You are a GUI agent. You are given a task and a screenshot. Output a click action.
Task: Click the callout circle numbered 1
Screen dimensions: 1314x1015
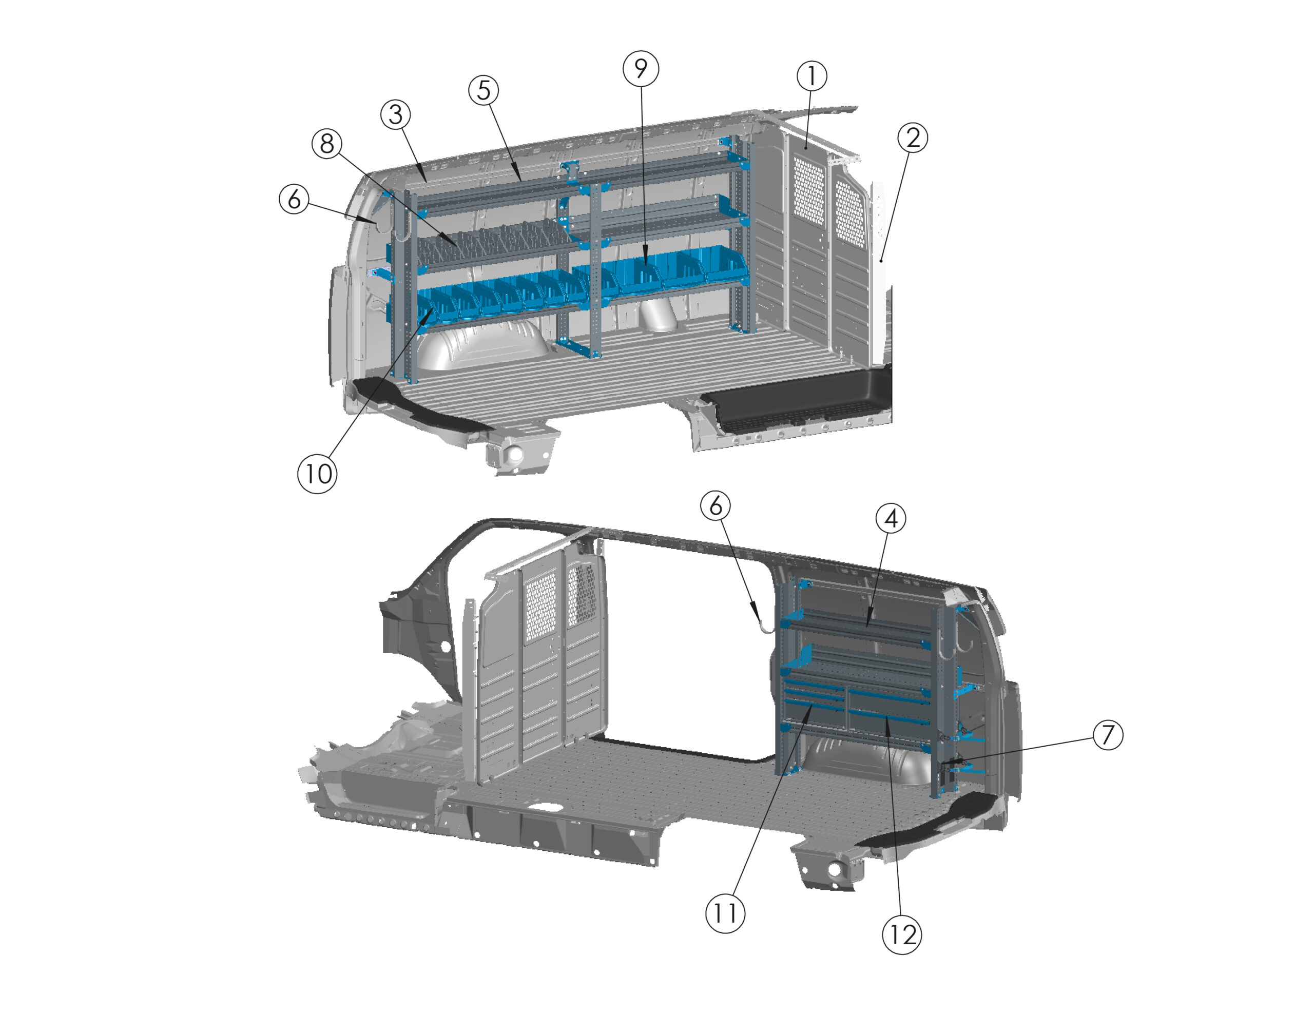click(x=811, y=76)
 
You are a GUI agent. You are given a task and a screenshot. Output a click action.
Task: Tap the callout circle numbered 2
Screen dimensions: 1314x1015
click(x=913, y=138)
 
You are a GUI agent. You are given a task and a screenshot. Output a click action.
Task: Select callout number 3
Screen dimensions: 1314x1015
click(x=395, y=114)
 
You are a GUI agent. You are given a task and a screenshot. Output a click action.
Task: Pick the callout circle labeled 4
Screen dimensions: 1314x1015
click(x=891, y=518)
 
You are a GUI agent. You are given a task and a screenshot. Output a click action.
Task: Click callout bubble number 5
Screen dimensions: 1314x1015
click(x=484, y=90)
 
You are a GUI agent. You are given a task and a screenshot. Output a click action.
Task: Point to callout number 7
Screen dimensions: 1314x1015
click(x=1108, y=735)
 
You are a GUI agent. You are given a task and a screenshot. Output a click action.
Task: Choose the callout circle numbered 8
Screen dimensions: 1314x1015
click(x=326, y=144)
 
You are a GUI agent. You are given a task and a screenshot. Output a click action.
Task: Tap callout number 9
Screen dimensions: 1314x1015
click(x=641, y=69)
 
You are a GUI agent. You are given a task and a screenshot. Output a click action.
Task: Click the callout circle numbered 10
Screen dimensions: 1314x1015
click(x=318, y=474)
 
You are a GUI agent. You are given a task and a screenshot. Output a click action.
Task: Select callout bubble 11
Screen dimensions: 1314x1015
click(x=725, y=913)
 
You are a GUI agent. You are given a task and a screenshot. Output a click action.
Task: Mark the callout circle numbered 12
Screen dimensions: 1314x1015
click(x=902, y=935)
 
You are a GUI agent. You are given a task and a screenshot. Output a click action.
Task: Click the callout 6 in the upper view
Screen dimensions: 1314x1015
click(x=294, y=199)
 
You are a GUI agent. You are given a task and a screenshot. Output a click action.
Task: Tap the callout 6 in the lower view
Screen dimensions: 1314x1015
click(x=716, y=505)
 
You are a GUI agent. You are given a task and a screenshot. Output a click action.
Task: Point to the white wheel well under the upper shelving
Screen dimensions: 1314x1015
click(x=481, y=343)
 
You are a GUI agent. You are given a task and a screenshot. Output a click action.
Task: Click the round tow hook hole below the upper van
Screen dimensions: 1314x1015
click(x=515, y=455)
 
